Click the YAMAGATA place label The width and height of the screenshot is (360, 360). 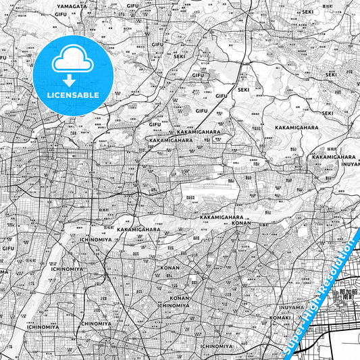point(72,6)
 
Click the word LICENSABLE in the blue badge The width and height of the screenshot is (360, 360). point(73,95)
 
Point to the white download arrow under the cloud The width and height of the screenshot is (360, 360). point(72,81)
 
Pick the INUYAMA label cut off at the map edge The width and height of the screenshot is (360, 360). point(350,163)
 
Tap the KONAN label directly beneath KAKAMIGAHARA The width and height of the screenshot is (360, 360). point(241,222)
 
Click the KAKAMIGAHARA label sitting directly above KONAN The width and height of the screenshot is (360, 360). point(226,216)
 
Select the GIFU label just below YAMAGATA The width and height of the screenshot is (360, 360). point(61,14)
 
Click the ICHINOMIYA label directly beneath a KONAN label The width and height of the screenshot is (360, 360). point(174,305)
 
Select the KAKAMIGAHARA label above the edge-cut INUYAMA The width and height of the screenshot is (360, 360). point(334,157)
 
